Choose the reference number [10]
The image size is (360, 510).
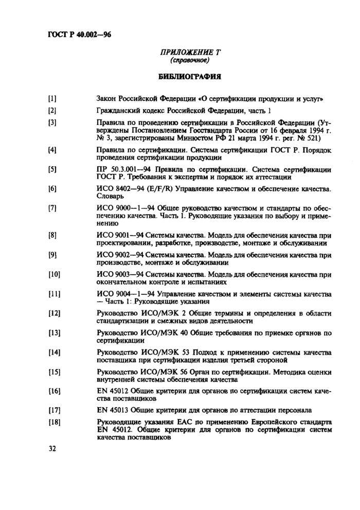point(54,274)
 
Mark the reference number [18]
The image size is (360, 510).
point(54,423)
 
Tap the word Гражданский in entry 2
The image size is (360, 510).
point(120,110)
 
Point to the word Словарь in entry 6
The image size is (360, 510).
point(110,196)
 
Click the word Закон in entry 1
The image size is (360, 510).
point(107,98)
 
